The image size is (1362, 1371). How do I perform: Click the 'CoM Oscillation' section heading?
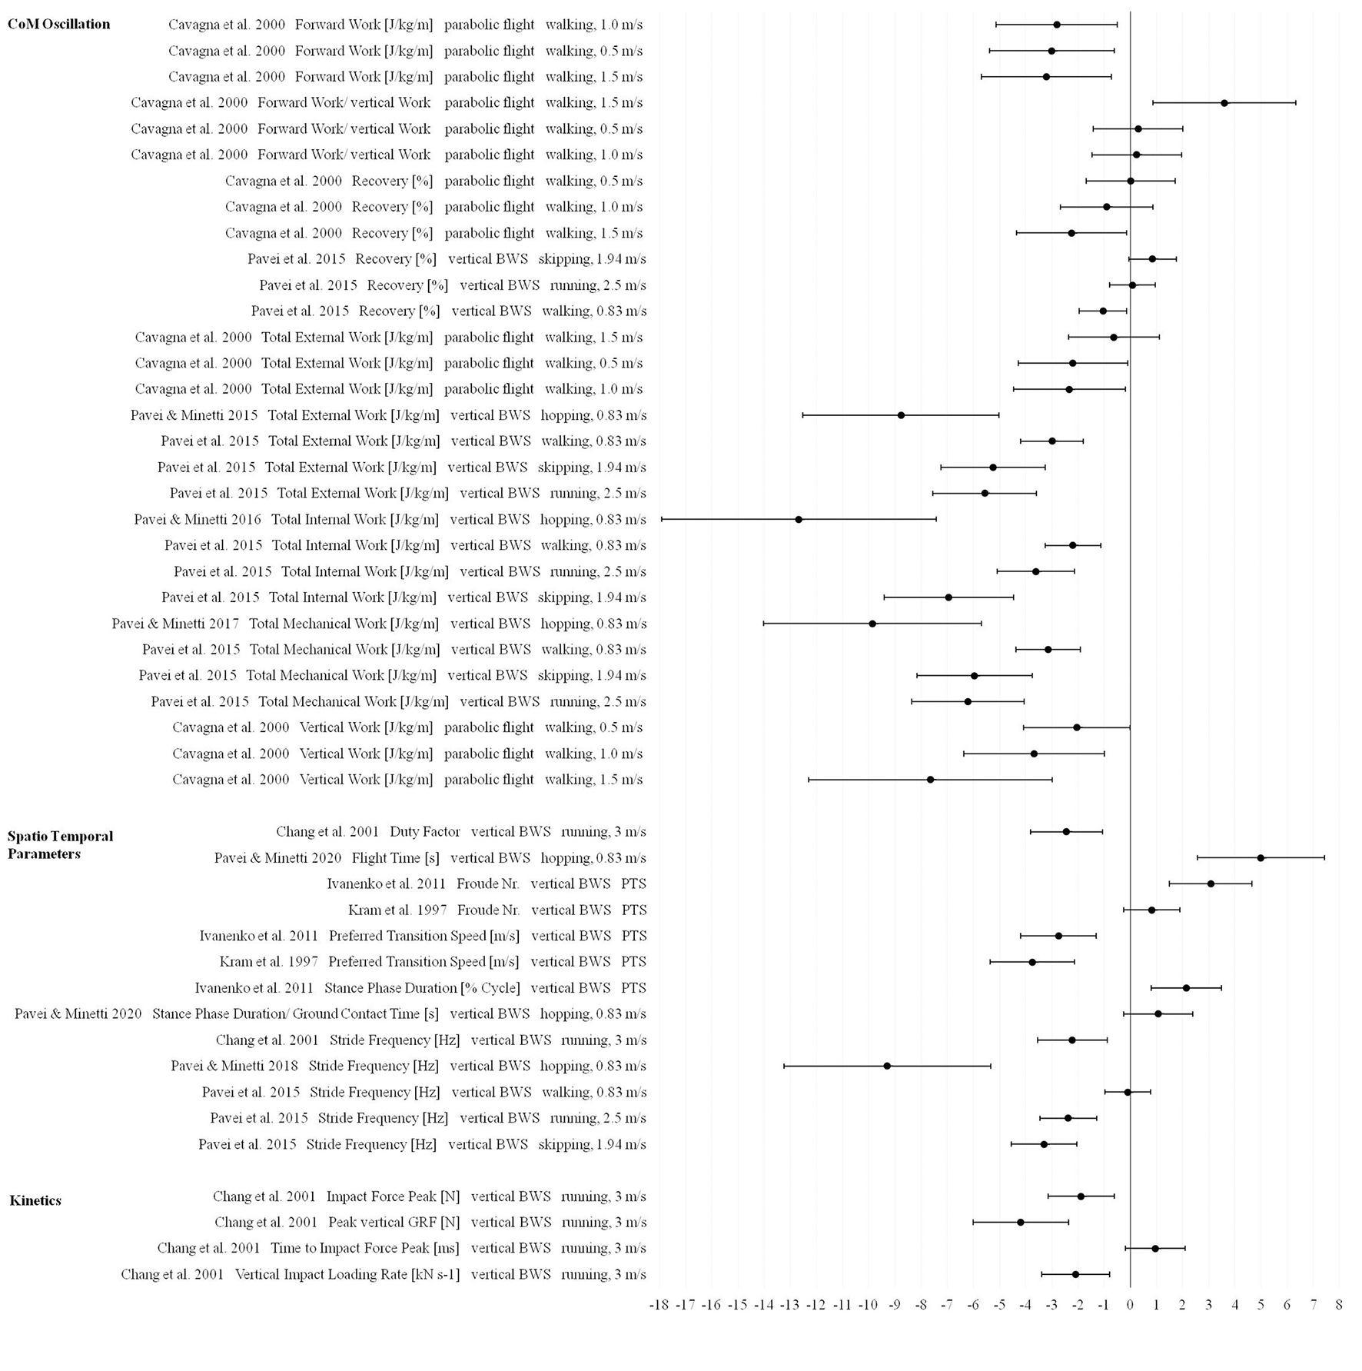(58, 24)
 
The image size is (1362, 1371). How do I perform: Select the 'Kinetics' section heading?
(35, 1200)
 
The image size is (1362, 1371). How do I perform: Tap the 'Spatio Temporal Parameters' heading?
(60, 844)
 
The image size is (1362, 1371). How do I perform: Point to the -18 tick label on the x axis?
(659, 1304)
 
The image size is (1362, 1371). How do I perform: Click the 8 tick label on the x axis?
(1339, 1304)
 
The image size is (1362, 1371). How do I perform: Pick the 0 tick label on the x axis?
(1130, 1304)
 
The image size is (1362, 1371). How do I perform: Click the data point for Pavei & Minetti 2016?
(799, 520)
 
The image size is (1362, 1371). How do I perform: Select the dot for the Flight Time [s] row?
(1261, 857)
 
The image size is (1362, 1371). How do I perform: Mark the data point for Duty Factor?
(1066, 832)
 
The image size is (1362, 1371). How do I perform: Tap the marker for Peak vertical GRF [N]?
(1021, 1222)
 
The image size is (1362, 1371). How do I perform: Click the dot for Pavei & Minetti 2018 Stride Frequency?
(887, 1066)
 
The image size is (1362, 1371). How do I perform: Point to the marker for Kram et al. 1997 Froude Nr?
(1151, 910)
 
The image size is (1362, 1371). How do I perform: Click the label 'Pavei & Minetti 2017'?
(175, 624)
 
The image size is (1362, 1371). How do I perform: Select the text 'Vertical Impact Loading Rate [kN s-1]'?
(347, 1274)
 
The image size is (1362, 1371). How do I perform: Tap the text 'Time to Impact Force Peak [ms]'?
(365, 1248)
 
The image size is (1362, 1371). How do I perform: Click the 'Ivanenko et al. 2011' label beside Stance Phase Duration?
(254, 988)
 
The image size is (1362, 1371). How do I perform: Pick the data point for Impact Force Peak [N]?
(1081, 1196)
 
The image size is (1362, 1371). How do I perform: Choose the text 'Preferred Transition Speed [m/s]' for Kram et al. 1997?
(424, 962)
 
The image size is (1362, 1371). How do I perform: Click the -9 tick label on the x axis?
(894, 1304)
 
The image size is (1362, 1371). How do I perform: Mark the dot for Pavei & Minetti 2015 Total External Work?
(901, 415)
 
